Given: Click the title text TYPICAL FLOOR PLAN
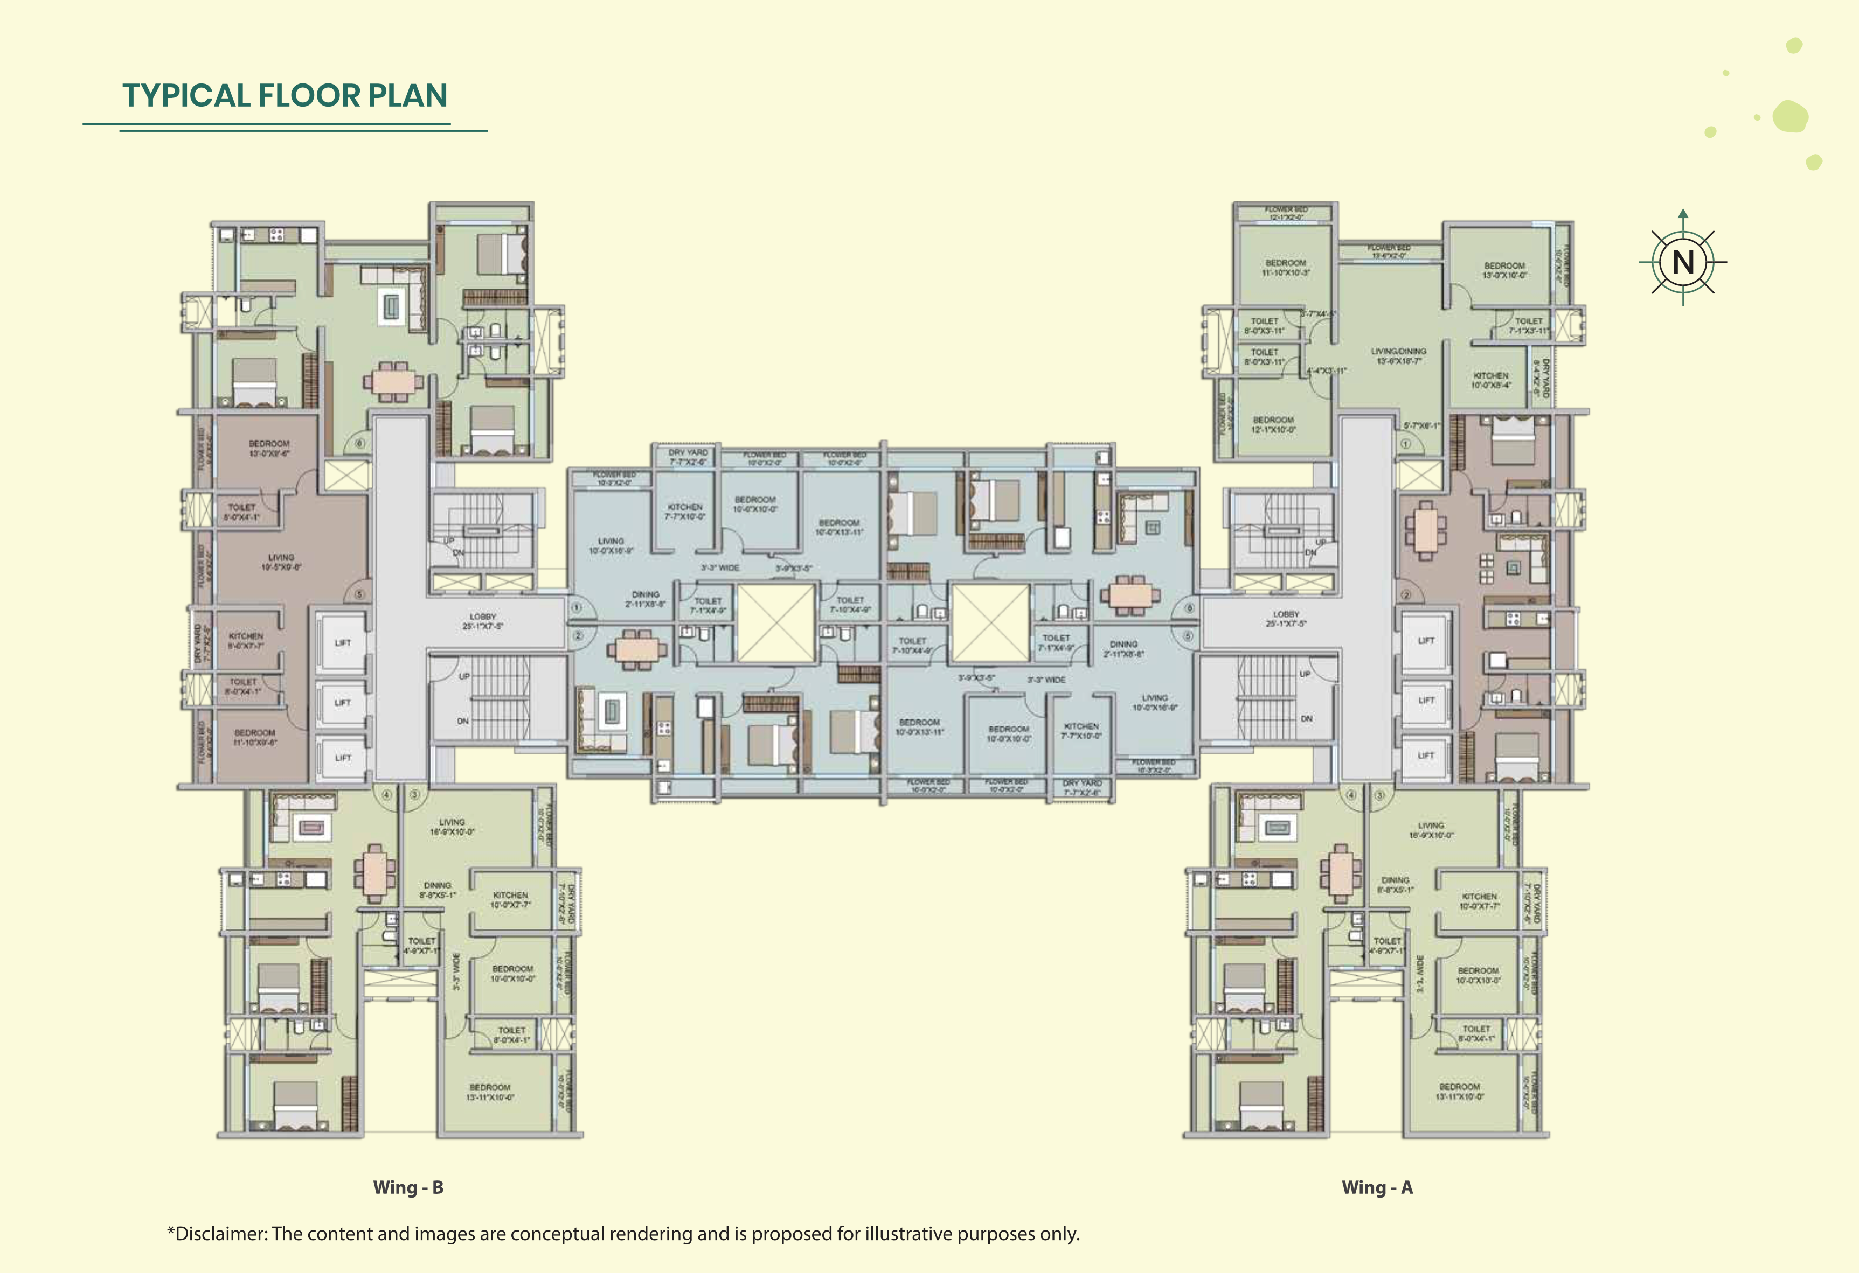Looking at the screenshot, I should tap(284, 95).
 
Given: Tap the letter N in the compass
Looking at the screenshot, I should tap(1683, 262).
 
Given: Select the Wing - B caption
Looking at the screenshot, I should tap(408, 1187).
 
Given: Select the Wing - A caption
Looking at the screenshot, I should tap(1377, 1187).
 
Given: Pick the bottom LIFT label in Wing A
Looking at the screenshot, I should tap(1425, 755).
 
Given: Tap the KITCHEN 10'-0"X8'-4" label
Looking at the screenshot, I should tap(1490, 380).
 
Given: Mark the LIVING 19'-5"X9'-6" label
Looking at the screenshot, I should tap(281, 561).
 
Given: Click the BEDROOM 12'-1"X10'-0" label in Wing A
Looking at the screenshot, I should tap(1273, 424).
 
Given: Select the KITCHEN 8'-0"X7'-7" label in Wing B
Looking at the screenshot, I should tap(246, 640).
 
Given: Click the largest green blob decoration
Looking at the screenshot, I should tap(1790, 117).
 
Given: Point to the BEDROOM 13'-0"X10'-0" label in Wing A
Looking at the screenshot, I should tap(1504, 269).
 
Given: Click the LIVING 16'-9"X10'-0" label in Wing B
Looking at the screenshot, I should tap(452, 826).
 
